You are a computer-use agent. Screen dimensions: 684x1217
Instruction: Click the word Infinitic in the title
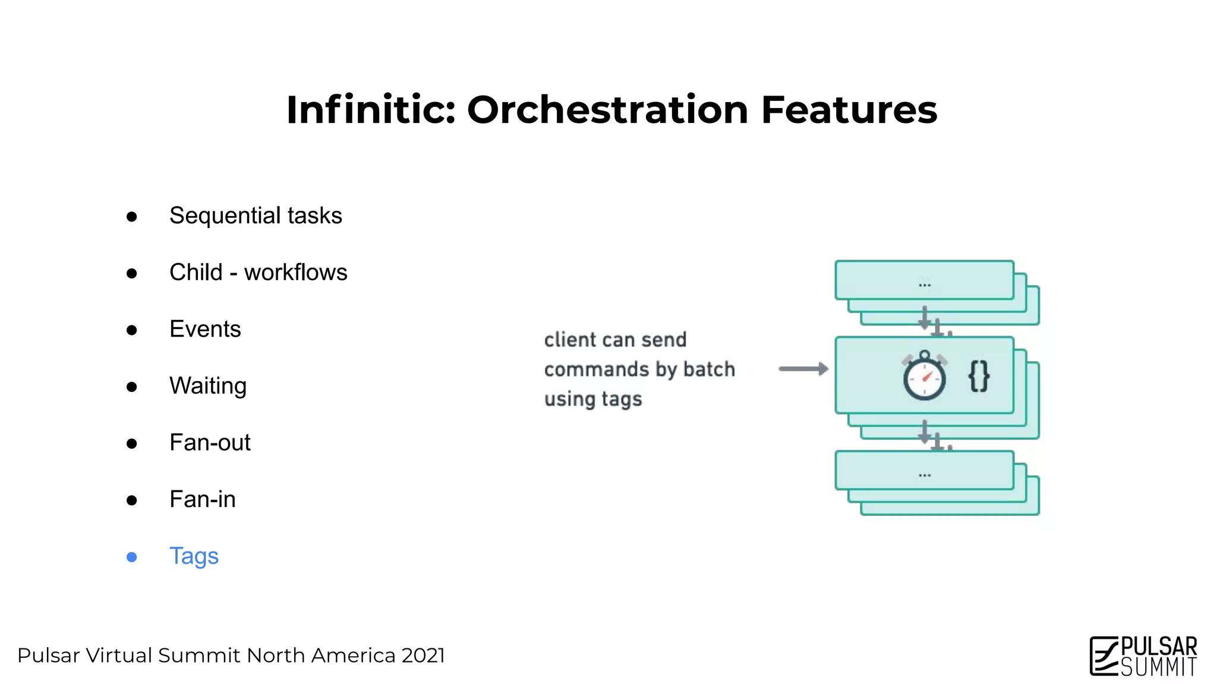(371, 110)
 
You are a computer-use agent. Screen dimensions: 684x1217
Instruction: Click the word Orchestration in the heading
(607, 110)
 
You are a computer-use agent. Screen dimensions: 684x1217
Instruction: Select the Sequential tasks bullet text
(256, 216)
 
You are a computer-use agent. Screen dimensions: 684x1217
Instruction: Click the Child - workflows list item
(258, 273)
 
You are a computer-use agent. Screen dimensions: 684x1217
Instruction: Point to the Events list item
(205, 329)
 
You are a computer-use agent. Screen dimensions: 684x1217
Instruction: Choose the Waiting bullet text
(207, 386)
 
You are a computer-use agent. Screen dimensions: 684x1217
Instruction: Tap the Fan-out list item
(210, 443)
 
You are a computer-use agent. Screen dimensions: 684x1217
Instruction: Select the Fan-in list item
(202, 499)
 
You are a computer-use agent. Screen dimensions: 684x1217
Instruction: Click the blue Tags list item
(194, 556)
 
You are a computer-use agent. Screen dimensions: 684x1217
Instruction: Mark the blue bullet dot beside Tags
(132, 557)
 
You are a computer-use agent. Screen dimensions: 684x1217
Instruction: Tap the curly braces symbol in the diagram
(979, 376)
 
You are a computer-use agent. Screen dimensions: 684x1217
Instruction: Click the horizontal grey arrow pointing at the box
(803, 369)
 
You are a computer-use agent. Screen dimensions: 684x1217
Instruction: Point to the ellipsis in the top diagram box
(924, 285)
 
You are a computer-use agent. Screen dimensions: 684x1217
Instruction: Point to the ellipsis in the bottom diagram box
(924, 475)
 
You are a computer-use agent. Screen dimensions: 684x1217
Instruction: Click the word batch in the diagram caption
(709, 369)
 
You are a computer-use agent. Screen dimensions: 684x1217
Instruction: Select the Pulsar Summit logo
(1143, 656)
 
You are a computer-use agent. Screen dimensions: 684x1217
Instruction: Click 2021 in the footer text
(423, 655)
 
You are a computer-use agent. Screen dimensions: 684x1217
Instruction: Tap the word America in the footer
(353, 655)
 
